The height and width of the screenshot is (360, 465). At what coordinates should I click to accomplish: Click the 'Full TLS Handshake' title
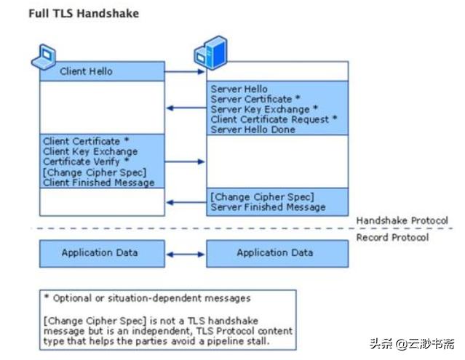[x=83, y=13]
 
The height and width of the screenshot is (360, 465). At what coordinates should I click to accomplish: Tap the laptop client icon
[x=44, y=56]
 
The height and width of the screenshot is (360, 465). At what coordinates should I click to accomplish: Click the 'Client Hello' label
[x=86, y=71]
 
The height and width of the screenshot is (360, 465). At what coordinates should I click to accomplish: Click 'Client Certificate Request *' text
[x=274, y=119]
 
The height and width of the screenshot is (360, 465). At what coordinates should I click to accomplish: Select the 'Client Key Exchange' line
[x=90, y=151]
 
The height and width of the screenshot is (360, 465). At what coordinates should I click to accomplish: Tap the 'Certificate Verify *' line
[x=86, y=161]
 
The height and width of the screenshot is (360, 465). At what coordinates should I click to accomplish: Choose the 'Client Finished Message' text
[x=99, y=183]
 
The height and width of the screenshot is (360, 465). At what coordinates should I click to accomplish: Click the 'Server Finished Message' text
[x=268, y=207]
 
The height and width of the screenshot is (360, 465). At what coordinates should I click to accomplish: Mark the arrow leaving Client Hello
[x=185, y=72]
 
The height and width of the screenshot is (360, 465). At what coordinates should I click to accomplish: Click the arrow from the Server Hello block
[x=185, y=108]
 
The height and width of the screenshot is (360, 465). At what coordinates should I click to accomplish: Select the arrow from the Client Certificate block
[x=185, y=161]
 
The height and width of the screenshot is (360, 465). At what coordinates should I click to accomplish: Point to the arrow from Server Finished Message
[x=185, y=202]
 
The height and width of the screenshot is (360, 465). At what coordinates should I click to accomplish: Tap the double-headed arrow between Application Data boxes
[x=185, y=254]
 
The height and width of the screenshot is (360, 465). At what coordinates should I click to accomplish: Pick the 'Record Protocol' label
[x=392, y=237]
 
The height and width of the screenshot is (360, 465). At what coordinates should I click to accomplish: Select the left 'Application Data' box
[x=102, y=253]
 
